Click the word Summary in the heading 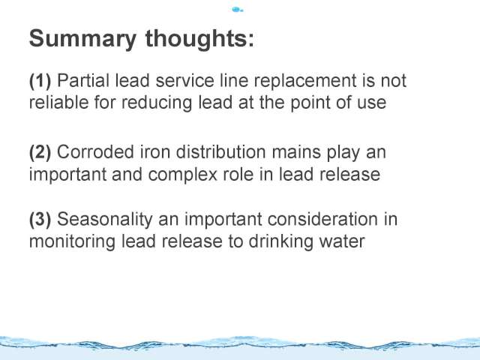[x=82, y=39]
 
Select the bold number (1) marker [x=40, y=81]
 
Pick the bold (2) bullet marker [x=40, y=152]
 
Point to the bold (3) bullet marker [x=40, y=220]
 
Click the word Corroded [x=95, y=151]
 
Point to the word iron [x=155, y=151]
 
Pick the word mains [x=296, y=152]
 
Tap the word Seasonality [x=105, y=220]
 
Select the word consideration [x=322, y=219]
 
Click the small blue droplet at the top [x=237, y=10]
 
